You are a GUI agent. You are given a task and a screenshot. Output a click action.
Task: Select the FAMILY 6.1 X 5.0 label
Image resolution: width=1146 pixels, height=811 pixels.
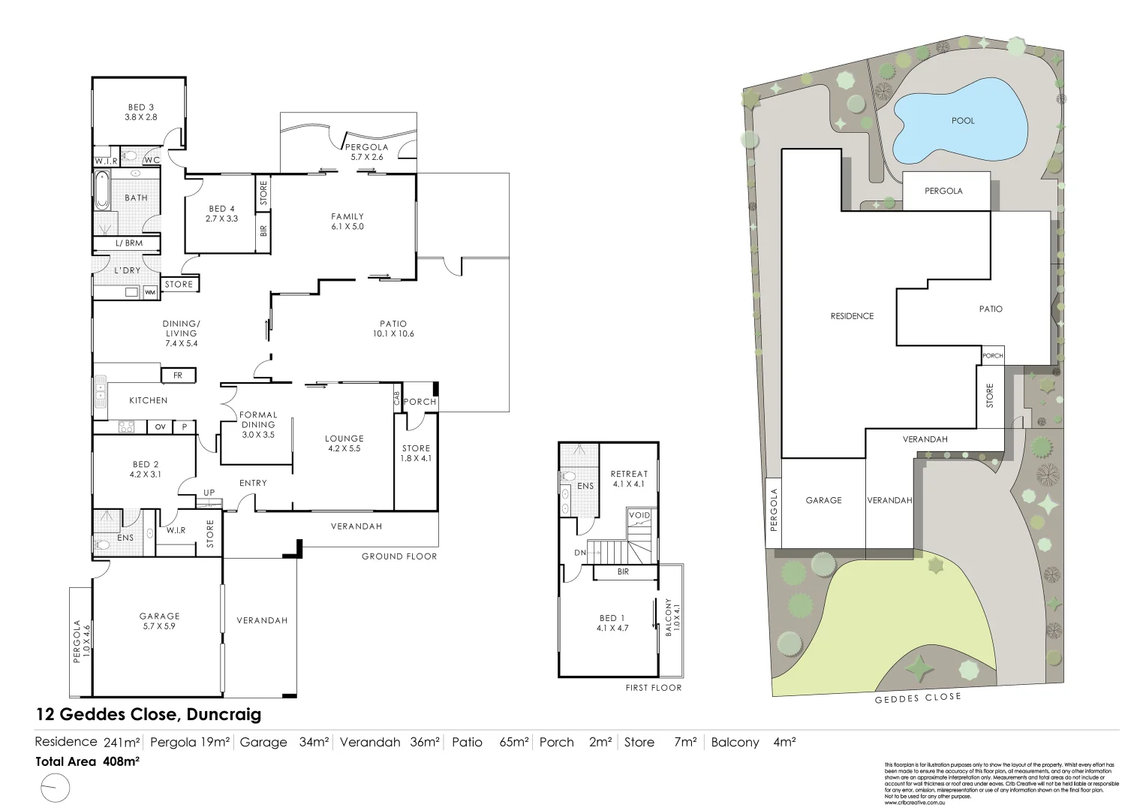pyautogui.click(x=347, y=222)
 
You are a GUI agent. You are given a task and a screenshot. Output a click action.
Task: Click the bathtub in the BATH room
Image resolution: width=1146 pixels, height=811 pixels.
pyautogui.click(x=102, y=191)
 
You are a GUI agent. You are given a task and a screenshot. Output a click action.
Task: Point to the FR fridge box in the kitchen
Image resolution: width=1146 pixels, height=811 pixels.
pyautogui.click(x=178, y=375)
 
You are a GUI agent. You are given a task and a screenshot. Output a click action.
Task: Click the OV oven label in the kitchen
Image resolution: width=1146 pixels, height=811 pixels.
pyautogui.click(x=160, y=427)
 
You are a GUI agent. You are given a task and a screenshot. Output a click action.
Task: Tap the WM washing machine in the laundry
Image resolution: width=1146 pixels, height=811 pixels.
pyautogui.click(x=150, y=292)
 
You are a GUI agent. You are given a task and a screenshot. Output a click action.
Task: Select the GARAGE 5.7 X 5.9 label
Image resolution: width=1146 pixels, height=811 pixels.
pyautogui.click(x=159, y=621)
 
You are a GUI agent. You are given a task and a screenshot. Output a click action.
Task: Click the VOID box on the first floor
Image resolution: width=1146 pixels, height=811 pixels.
pyautogui.click(x=639, y=515)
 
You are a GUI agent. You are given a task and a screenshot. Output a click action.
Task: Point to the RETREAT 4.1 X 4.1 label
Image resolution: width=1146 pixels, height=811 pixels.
pyautogui.click(x=629, y=478)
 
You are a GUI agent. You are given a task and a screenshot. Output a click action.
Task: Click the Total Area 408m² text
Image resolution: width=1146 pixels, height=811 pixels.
pyautogui.click(x=88, y=761)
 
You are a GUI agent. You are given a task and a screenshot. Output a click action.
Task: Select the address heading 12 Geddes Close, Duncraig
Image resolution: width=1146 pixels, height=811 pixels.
pyautogui.click(x=149, y=714)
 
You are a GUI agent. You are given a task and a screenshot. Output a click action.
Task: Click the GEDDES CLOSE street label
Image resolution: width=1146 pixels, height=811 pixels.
pyautogui.click(x=917, y=698)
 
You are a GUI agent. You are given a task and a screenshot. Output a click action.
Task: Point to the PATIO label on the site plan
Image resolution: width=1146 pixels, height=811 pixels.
pyautogui.click(x=991, y=309)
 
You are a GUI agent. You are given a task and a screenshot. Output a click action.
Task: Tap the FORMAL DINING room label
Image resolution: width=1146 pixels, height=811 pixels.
pyautogui.click(x=258, y=424)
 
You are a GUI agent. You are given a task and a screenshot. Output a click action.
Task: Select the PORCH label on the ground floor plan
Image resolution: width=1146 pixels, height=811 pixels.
pyautogui.click(x=420, y=402)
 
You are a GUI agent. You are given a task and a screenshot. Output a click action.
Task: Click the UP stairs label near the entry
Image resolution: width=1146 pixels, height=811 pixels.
pyautogui.click(x=209, y=493)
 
